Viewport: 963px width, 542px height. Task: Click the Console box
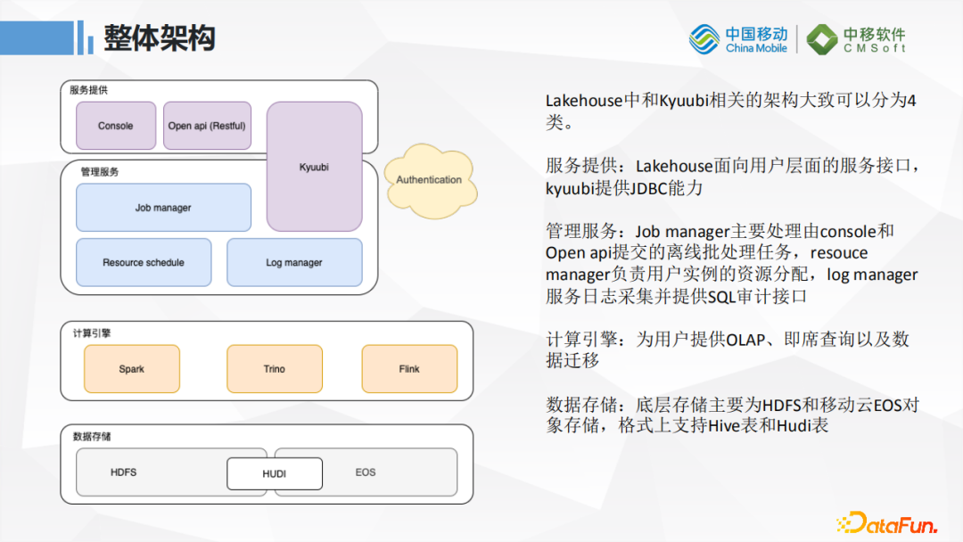tap(115, 126)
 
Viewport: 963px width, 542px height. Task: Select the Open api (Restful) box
tap(206, 126)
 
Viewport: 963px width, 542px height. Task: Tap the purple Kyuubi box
tap(314, 167)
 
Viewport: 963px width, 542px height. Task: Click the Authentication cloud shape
tap(429, 180)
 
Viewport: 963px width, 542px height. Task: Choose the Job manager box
tap(163, 208)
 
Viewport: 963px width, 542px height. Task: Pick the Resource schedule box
tap(144, 262)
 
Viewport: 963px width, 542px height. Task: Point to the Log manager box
tap(294, 262)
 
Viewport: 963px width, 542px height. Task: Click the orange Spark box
tap(131, 369)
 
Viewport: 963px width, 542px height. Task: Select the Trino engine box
tap(274, 369)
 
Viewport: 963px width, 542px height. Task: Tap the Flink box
tap(409, 369)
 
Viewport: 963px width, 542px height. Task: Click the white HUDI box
tap(274, 473)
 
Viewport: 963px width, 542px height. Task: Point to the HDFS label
tap(123, 472)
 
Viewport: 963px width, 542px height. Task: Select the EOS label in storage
tap(366, 472)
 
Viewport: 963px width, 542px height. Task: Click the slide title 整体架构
tap(160, 38)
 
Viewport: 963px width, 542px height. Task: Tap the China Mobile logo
tap(738, 39)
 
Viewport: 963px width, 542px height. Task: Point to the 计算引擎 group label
tap(92, 333)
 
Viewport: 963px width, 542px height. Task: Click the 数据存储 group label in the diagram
tap(92, 437)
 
